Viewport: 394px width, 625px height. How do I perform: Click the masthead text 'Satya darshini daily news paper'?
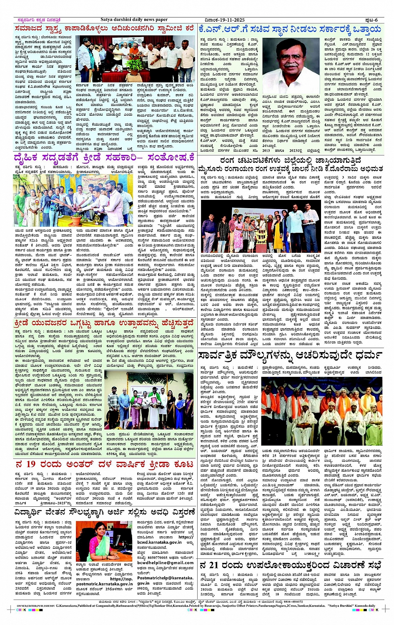click(x=134, y=20)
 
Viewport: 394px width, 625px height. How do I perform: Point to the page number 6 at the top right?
click(x=376, y=20)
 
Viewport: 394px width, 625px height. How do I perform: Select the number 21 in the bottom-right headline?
click(x=221, y=565)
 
